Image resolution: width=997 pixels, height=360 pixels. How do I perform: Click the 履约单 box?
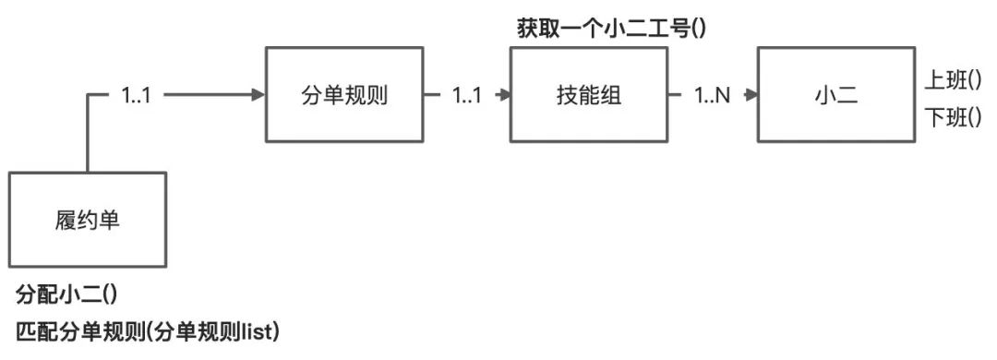88,220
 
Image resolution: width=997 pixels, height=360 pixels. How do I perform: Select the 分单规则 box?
342,93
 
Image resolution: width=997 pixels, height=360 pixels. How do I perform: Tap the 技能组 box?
588,93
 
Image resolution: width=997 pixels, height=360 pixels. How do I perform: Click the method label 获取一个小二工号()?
610,29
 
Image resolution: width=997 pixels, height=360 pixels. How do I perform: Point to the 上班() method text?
952,79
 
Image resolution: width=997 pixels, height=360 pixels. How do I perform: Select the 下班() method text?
952,117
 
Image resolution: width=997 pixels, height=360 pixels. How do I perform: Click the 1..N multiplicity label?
712,94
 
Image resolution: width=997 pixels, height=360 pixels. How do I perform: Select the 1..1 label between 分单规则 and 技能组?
467,94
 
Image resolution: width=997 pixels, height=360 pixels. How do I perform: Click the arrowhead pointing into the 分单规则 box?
259,94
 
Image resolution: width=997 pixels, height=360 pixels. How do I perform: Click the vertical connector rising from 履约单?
88,134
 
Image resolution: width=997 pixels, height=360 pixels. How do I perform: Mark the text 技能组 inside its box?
588,94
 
